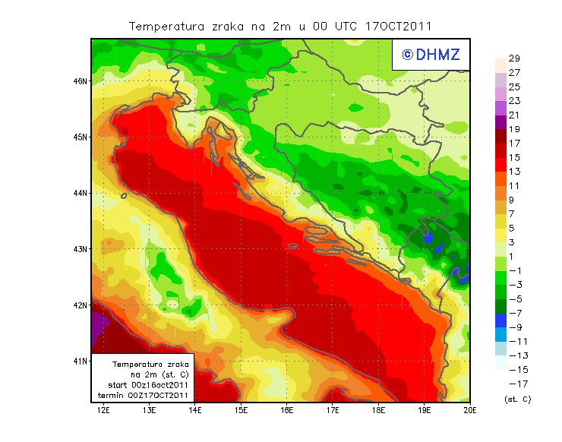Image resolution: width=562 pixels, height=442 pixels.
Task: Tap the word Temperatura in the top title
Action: [167, 26]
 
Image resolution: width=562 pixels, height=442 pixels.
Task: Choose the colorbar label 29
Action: [514, 58]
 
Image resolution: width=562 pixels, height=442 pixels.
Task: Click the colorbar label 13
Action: [514, 172]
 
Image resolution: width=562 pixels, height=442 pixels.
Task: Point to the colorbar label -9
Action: [514, 327]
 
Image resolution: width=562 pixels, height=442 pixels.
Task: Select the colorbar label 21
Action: [514, 115]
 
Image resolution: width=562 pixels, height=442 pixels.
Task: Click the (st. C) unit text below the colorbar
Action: [517, 399]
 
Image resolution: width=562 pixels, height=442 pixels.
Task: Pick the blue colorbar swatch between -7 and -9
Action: [500, 320]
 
